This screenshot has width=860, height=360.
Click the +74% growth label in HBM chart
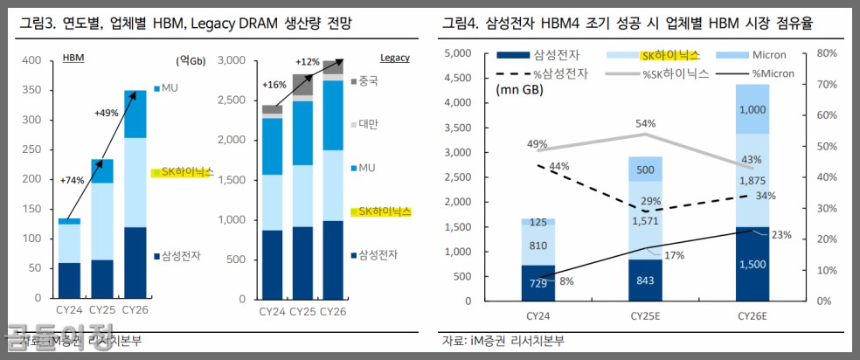pos(73,180)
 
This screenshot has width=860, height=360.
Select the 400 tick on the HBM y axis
pos(31,60)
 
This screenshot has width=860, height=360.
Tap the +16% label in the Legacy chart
pos(274,86)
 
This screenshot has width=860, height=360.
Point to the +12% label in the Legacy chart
pos(308,62)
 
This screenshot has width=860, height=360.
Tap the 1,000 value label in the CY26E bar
pos(752,111)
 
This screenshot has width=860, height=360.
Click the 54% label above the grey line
pos(646,123)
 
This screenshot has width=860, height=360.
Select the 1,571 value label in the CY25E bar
pos(644,220)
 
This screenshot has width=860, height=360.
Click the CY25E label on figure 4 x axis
pos(645,315)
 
